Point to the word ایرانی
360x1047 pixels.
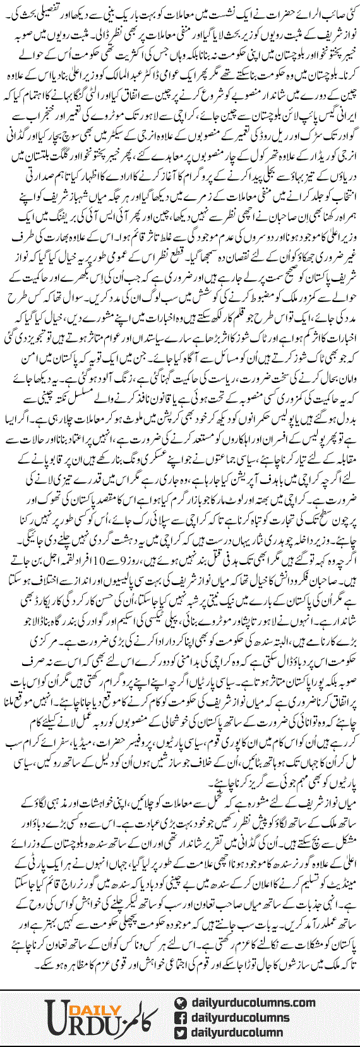coord(342,101)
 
